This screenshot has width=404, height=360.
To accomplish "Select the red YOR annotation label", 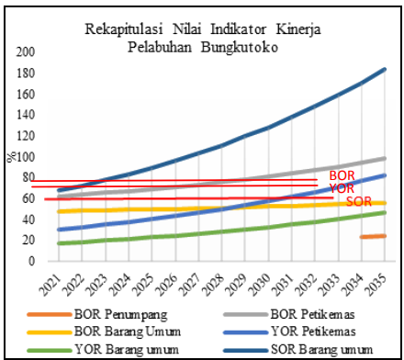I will pyautogui.click(x=341, y=186).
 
